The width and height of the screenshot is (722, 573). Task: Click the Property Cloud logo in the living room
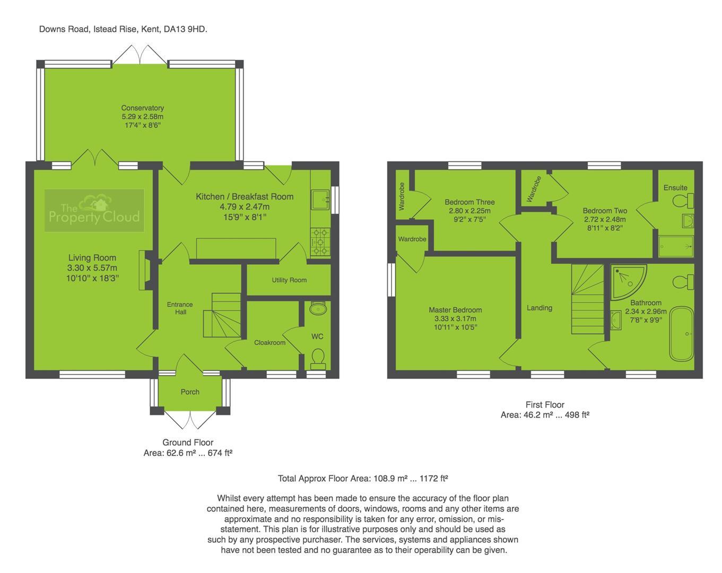(94, 211)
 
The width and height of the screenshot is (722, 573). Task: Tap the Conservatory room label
(142, 108)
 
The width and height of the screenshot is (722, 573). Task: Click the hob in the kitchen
(320, 242)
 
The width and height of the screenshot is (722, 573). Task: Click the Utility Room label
(289, 280)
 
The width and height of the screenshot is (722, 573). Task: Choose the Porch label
(190, 392)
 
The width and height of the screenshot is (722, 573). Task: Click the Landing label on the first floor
(540, 308)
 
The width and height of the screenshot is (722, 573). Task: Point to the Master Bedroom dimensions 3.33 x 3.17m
(455, 319)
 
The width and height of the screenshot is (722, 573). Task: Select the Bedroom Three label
(469, 202)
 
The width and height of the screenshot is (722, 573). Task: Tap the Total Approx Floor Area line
(363, 479)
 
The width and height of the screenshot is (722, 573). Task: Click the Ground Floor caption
(188, 442)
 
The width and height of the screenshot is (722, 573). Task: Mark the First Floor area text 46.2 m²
(545, 415)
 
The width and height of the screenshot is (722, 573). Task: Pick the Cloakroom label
(269, 343)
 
